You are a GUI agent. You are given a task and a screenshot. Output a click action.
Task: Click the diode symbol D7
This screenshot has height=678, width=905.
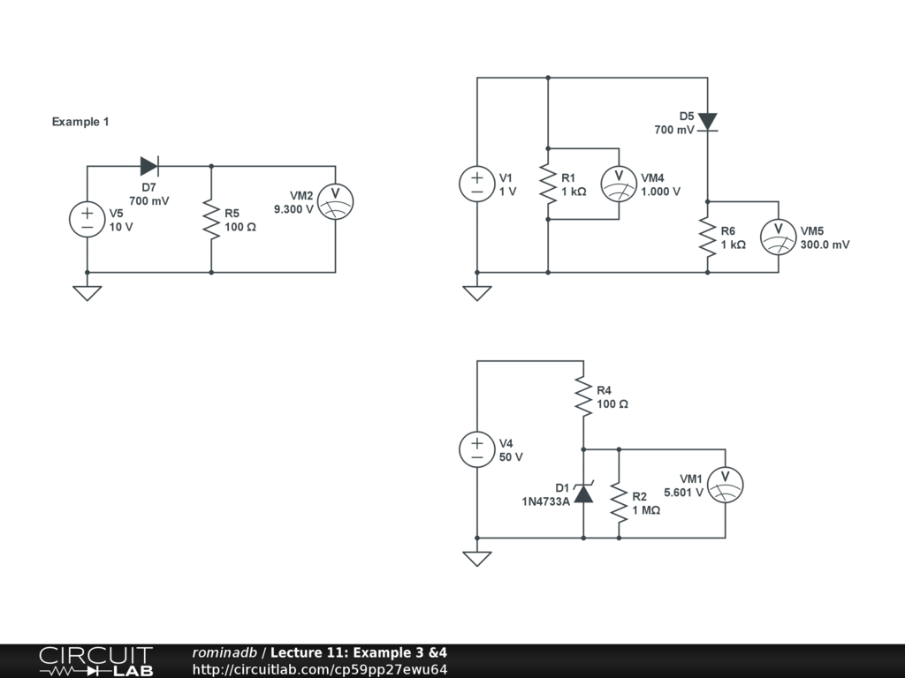pyautogui.click(x=149, y=166)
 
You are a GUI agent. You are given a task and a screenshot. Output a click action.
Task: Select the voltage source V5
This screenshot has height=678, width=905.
pyautogui.click(x=87, y=219)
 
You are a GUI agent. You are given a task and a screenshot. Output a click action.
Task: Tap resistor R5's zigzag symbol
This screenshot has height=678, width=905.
pyautogui.click(x=211, y=219)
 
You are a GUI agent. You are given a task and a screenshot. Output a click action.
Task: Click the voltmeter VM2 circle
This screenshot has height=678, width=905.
pyautogui.click(x=336, y=201)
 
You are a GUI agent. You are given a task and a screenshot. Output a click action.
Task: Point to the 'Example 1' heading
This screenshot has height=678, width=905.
pyautogui.click(x=80, y=122)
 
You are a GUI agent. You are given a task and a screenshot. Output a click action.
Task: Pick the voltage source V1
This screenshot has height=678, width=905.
pyautogui.click(x=477, y=184)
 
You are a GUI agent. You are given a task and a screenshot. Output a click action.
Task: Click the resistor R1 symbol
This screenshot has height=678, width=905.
pyautogui.click(x=548, y=184)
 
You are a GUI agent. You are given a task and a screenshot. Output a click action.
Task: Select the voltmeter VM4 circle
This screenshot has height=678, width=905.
pyautogui.click(x=619, y=184)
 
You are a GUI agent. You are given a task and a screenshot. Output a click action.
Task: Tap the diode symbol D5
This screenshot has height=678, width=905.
pyautogui.click(x=708, y=122)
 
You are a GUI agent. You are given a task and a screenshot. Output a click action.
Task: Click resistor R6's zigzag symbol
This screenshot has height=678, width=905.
pyautogui.click(x=708, y=237)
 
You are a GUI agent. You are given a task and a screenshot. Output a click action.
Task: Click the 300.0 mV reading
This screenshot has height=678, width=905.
pyautogui.click(x=825, y=245)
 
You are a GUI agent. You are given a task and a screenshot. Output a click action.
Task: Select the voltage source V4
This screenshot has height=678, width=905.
pyautogui.click(x=477, y=449)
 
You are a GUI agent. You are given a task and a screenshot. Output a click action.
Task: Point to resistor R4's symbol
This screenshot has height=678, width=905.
pyautogui.click(x=583, y=395)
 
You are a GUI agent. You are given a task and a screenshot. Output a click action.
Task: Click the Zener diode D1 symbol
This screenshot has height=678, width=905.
pyautogui.click(x=583, y=493)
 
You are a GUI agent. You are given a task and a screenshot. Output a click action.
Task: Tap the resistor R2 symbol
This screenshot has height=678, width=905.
pyautogui.click(x=619, y=502)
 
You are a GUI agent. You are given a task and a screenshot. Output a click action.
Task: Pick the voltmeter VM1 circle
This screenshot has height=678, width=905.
pyautogui.click(x=726, y=485)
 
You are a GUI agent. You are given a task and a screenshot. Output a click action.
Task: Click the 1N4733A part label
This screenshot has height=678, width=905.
pyautogui.click(x=545, y=501)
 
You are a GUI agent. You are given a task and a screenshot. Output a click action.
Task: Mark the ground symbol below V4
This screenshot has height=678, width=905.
pyautogui.click(x=477, y=558)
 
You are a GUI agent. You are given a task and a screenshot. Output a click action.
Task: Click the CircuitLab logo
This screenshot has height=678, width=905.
pyautogui.click(x=95, y=661)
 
